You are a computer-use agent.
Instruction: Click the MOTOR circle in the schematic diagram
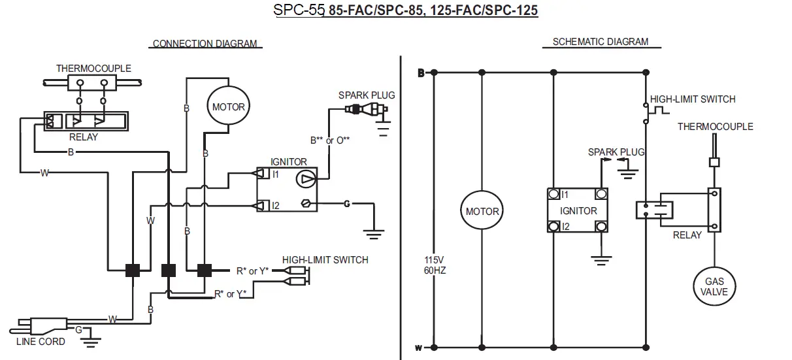pos(482,211)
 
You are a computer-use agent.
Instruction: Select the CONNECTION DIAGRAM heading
pos(205,44)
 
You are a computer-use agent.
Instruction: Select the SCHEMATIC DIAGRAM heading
pos(601,42)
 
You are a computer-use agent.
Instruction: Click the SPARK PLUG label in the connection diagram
pos(366,95)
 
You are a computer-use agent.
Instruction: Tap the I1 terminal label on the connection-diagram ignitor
pos(275,174)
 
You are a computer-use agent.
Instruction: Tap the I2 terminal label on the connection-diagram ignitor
pos(275,206)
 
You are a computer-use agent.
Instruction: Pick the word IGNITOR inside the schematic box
pos(578,211)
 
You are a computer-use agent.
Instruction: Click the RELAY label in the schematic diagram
pos(687,235)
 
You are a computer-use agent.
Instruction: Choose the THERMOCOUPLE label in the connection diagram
pos(93,68)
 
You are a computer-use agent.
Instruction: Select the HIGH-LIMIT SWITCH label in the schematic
pos(693,99)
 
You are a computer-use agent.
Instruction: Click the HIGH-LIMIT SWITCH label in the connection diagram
pos(325,260)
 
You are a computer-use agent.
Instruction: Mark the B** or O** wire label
pos(331,140)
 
